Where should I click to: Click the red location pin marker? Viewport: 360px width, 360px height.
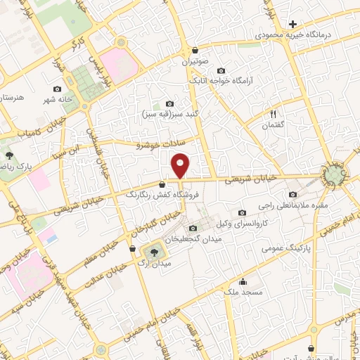pyautogui.click(x=181, y=165)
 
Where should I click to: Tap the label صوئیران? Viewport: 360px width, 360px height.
pyautogui.click(x=196, y=63)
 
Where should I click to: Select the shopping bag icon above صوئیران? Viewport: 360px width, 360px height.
pyautogui.click(x=195, y=51)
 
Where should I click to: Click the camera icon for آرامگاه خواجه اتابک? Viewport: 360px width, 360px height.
pyautogui.click(x=221, y=70)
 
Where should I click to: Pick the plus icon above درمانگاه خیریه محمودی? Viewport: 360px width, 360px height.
pyautogui.click(x=293, y=24)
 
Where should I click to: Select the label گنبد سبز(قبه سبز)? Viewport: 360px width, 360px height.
pyautogui.click(x=169, y=114)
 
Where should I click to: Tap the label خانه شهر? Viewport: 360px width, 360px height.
pyautogui.click(x=56, y=100)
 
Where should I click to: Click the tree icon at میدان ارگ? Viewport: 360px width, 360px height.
pyautogui.click(x=152, y=251)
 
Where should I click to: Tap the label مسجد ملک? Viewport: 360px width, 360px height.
pyautogui.click(x=243, y=290)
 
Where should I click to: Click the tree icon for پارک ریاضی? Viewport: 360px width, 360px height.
pyautogui.click(x=9, y=155)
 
